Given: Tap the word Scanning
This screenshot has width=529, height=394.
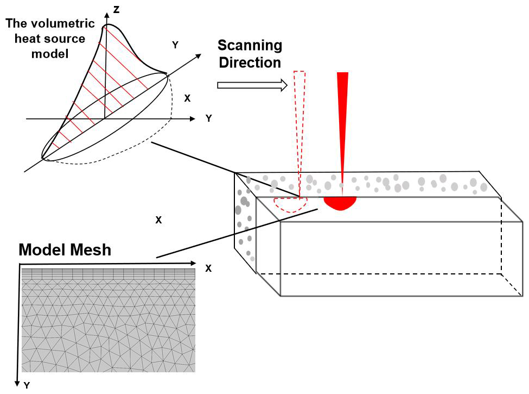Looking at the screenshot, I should (x=250, y=45).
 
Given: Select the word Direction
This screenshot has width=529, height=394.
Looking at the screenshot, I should (x=250, y=62).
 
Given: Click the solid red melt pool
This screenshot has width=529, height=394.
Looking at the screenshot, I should (x=340, y=203).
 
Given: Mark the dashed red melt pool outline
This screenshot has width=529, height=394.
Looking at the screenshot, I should (x=291, y=204).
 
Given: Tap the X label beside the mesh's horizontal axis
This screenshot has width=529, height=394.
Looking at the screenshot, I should (x=208, y=268).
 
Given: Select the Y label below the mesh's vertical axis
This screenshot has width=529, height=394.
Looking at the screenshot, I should (x=27, y=385).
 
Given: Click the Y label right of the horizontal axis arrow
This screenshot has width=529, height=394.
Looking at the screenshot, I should (x=208, y=118).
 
